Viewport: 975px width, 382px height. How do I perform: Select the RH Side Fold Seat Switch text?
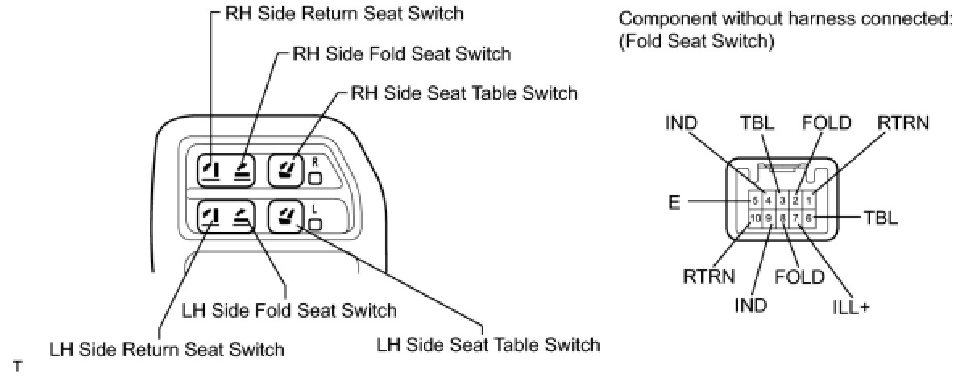[x=400, y=54]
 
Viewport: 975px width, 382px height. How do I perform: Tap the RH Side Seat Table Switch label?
[x=464, y=93]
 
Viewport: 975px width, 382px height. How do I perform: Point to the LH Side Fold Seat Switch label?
[x=290, y=310]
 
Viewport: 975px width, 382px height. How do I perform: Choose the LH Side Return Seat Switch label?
[x=167, y=350]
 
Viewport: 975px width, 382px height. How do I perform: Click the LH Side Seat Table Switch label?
[x=488, y=345]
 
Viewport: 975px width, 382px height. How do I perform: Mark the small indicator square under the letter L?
[x=315, y=223]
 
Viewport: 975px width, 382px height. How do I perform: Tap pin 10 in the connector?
[x=755, y=218]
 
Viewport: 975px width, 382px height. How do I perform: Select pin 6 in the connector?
[x=809, y=218]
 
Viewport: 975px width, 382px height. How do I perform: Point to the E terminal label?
[x=673, y=201]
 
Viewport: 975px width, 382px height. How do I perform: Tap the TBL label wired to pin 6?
[x=880, y=218]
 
